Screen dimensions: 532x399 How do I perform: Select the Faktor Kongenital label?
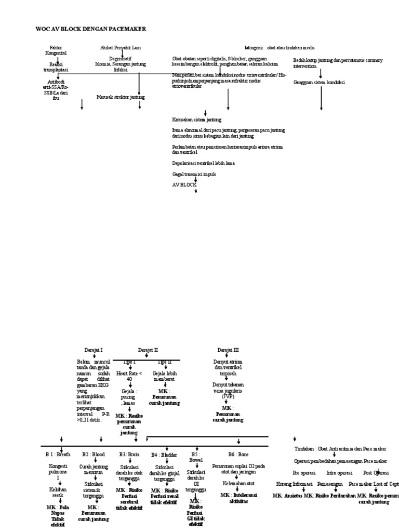tap(58, 50)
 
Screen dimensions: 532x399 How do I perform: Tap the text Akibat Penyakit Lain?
tap(121, 48)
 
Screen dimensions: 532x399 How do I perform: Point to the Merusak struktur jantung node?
tap(121, 97)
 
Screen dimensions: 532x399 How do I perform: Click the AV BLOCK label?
tap(185, 184)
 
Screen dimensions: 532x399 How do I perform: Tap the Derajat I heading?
tap(94, 350)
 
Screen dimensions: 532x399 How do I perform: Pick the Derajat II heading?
tap(148, 350)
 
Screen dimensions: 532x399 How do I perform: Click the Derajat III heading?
tap(228, 350)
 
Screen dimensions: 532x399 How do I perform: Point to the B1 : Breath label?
tap(58, 454)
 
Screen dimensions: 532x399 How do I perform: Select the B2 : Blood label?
tap(94, 454)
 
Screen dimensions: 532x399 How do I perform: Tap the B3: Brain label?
tap(129, 454)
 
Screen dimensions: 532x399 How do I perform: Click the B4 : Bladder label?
tap(165, 455)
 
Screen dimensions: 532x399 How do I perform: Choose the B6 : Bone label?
tap(238, 454)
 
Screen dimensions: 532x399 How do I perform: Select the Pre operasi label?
tap(303, 473)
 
